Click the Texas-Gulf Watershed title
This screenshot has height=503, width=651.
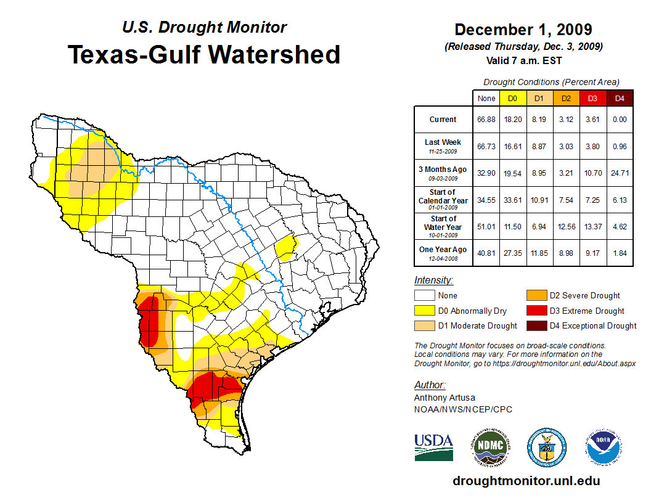(203, 54)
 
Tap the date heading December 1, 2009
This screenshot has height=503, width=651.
(523, 30)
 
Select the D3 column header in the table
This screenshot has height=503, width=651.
(592, 98)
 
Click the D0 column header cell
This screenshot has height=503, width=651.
(512, 98)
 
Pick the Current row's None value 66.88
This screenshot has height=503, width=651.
(486, 120)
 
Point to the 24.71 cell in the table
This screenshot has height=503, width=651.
(619, 173)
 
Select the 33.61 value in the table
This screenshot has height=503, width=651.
(512, 200)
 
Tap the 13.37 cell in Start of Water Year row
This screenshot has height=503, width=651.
(592, 227)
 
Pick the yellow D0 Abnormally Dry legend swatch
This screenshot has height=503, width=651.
(424, 311)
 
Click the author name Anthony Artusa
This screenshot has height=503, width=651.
(444, 398)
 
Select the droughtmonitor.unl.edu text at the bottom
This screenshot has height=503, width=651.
(526, 481)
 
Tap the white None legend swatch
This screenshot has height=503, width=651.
(424, 295)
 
